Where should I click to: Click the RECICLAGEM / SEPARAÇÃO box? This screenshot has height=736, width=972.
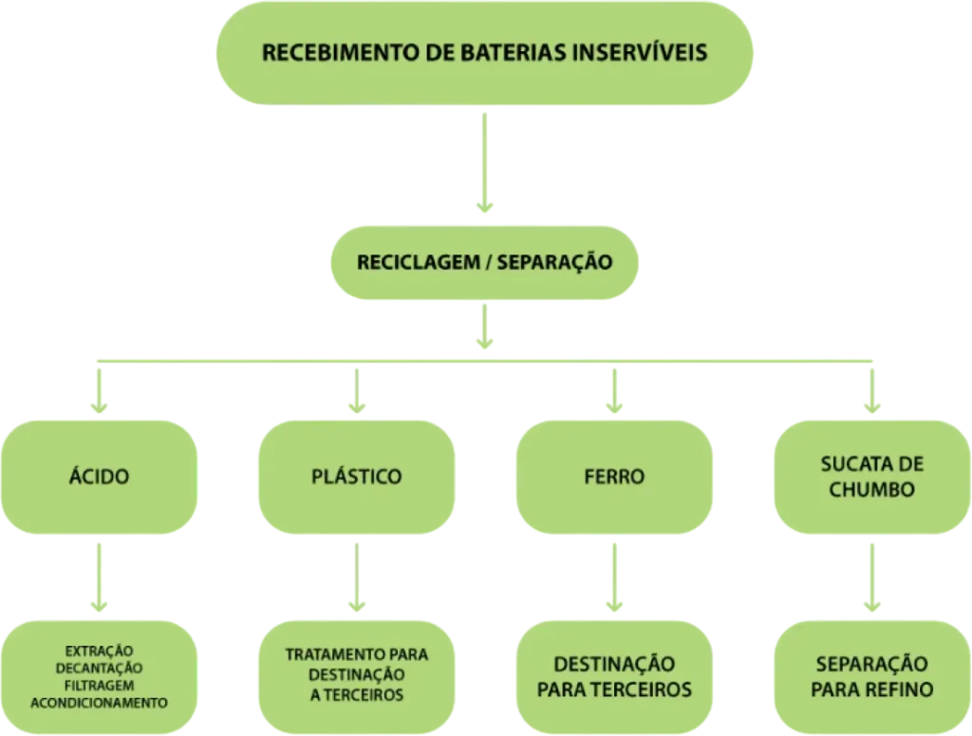click(x=485, y=261)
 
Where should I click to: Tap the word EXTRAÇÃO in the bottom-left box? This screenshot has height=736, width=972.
click(x=99, y=651)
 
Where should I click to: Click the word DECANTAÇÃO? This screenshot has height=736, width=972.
click(x=99, y=669)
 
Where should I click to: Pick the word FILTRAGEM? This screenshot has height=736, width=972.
click(x=99, y=686)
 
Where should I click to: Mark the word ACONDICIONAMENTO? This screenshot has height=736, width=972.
click(x=99, y=703)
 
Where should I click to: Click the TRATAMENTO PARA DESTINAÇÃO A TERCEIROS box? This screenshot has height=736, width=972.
click(x=356, y=674)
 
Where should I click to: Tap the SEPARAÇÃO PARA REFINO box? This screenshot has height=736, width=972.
click(x=871, y=676)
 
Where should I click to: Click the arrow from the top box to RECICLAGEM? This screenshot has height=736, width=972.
click(x=485, y=161)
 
